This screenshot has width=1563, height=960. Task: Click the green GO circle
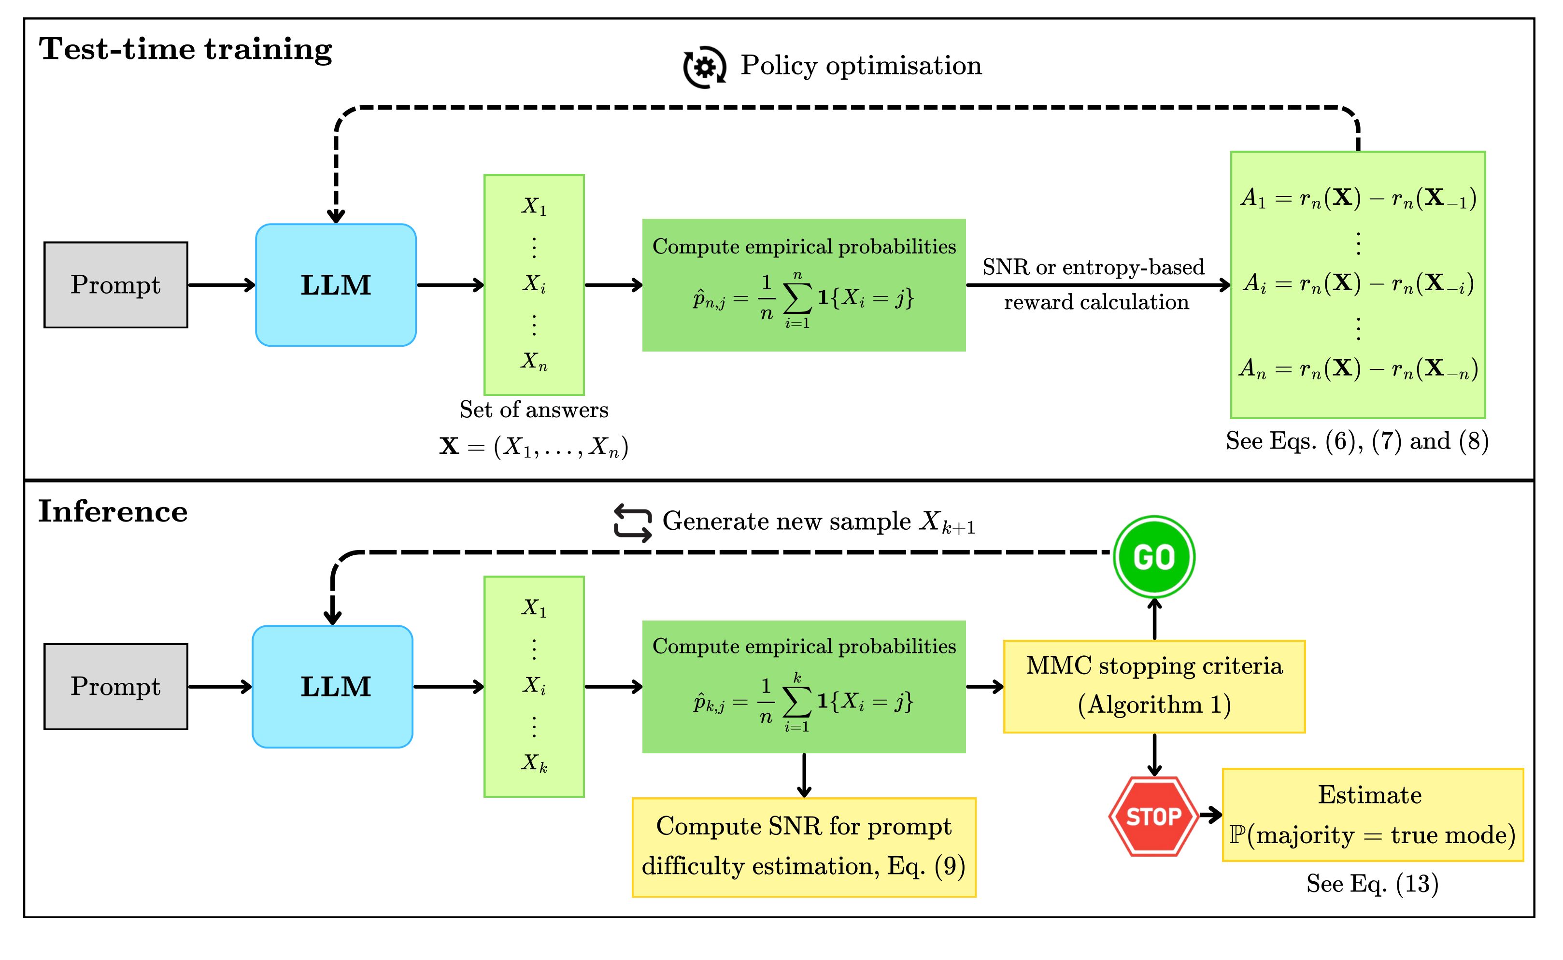tap(1153, 557)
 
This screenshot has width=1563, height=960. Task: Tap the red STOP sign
tap(1153, 816)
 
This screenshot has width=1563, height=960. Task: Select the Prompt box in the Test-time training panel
tap(115, 284)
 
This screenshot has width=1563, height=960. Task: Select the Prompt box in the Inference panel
tap(115, 686)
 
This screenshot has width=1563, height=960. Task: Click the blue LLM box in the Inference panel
tap(333, 686)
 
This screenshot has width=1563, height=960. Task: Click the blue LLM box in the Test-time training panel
tap(335, 284)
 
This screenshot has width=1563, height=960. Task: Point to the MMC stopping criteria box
tap(1153, 686)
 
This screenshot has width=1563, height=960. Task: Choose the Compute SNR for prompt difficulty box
tap(803, 847)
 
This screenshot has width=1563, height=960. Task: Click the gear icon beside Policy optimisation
tap(704, 67)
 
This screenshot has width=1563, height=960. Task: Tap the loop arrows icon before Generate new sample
tap(633, 522)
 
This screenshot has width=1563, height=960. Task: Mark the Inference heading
tap(113, 511)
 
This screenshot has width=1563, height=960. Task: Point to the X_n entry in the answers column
tap(534, 361)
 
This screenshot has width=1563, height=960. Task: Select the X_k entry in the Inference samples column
tap(534, 762)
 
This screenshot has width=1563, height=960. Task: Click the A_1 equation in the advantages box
tap(1358, 198)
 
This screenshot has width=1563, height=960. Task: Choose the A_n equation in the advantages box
tap(1358, 368)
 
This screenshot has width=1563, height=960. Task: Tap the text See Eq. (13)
tap(1372, 883)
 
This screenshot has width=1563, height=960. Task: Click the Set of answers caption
tap(534, 409)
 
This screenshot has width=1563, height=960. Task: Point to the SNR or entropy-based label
tap(1093, 267)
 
